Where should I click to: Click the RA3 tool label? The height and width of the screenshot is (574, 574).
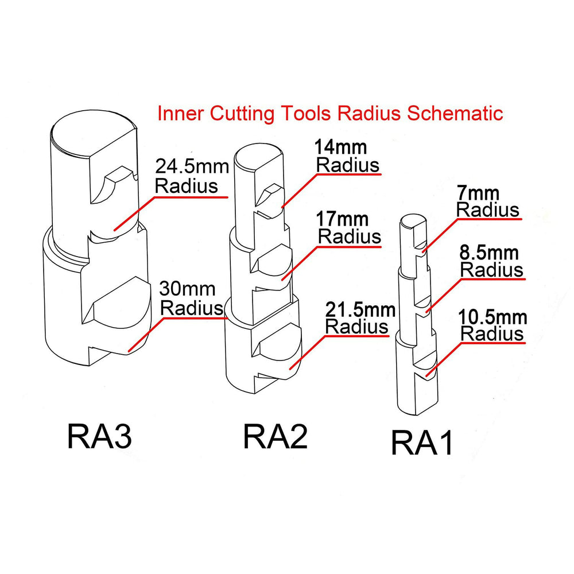click(100, 438)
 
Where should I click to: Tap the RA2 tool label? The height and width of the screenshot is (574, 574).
click(276, 437)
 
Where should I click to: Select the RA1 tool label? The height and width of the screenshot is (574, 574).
click(422, 444)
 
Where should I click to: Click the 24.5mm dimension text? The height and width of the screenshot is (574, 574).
click(192, 168)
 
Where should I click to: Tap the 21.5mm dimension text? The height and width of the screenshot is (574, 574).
click(360, 310)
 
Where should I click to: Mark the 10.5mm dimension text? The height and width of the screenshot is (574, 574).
click(493, 316)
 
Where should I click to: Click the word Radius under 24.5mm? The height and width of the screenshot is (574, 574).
click(187, 187)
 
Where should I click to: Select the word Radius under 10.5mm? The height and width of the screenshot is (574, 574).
click(493, 333)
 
